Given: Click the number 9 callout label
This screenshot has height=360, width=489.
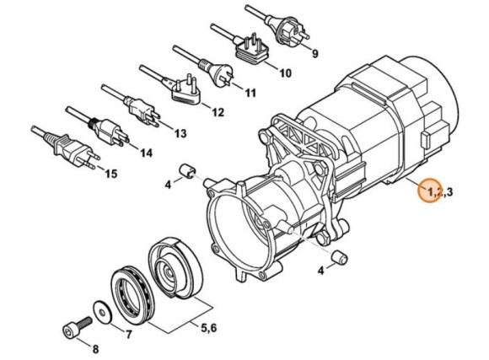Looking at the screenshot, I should (314, 55).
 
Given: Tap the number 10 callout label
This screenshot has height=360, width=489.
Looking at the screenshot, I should (284, 73).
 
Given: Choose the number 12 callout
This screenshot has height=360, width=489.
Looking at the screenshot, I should (218, 112).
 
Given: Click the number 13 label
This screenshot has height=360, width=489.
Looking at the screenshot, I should (180, 134).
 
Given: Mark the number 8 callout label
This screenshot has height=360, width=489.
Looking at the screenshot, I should (95, 348).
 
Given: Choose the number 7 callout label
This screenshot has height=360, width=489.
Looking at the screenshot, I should (129, 334).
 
